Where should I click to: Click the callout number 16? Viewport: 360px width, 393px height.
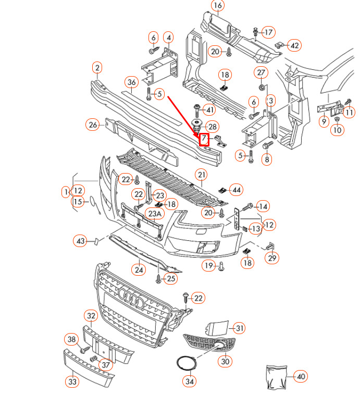click(217, 6)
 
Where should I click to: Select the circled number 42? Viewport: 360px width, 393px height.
click(295, 46)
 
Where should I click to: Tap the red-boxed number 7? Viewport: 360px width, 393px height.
click(204, 139)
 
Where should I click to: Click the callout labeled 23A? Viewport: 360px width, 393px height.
click(155, 214)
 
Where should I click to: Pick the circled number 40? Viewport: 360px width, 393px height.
click(301, 376)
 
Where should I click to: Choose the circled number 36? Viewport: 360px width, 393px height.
click(131, 82)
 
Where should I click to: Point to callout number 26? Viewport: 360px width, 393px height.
click(93, 125)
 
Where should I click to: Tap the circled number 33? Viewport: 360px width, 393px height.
click(72, 382)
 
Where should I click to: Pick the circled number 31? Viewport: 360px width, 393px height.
click(239, 328)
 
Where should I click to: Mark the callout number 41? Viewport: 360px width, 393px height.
click(209, 110)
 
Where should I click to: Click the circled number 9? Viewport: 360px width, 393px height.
click(324, 122)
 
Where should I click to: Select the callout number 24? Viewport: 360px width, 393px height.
click(138, 269)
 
